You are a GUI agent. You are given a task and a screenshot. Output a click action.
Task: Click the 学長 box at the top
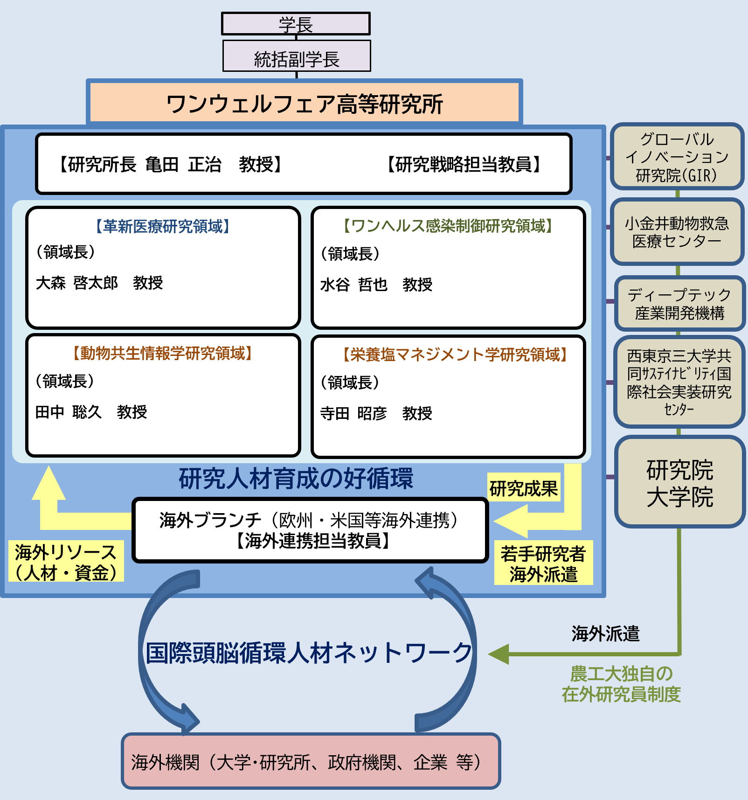(x=296, y=24)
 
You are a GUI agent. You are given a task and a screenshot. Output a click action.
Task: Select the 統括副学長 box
(x=297, y=56)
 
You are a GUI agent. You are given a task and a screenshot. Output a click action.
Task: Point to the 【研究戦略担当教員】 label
(x=464, y=165)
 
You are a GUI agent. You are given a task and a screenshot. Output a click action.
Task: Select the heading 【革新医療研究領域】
(x=163, y=227)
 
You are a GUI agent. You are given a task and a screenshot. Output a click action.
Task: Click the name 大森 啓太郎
(x=77, y=283)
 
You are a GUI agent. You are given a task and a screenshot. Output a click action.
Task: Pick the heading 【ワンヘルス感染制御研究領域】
(x=448, y=226)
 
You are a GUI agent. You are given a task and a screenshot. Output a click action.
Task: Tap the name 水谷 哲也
(x=354, y=285)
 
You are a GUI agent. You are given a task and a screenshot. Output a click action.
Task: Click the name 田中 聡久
(x=69, y=412)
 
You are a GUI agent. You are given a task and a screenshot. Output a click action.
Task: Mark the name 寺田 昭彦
(x=353, y=413)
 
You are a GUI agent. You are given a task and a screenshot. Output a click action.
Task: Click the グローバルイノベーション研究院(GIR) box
(x=677, y=157)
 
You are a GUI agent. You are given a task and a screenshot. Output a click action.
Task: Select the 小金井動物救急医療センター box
(x=677, y=232)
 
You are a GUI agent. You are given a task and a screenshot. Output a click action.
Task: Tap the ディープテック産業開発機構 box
(x=679, y=304)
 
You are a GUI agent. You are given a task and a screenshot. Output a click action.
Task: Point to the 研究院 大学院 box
(x=679, y=482)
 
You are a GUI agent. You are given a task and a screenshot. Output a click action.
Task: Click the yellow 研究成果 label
(x=523, y=488)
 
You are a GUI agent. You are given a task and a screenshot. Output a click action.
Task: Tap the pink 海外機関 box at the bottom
(x=311, y=762)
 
